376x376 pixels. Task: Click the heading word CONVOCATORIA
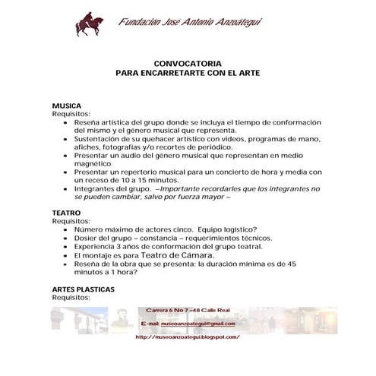tap(187, 65)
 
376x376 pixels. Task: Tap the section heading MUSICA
tap(66, 106)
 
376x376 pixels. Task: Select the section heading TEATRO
tap(66, 213)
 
